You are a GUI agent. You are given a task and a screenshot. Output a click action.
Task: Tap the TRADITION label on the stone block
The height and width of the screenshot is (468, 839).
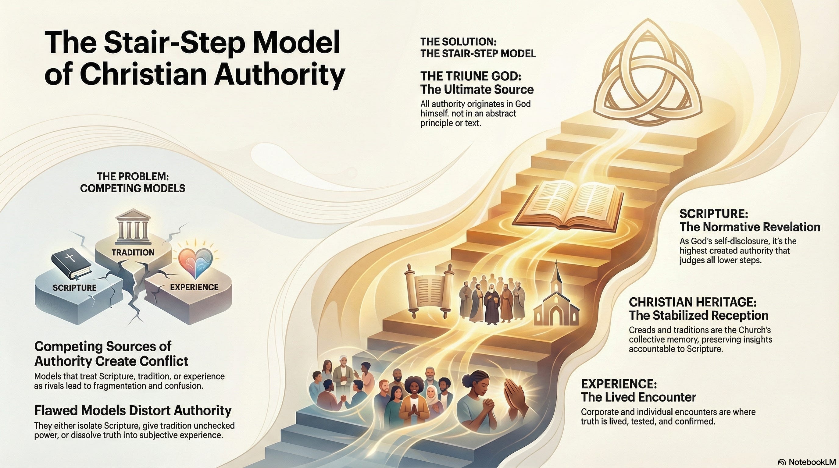point(133,252)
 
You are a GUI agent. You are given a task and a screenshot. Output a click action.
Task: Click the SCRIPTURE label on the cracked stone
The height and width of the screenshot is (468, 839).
point(75,288)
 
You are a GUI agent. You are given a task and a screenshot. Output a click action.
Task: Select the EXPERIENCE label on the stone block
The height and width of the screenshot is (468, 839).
point(195,287)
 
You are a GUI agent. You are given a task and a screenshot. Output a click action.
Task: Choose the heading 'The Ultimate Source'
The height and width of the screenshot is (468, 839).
point(477,89)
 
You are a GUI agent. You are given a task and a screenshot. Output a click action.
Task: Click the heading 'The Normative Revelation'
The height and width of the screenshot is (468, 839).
point(750,227)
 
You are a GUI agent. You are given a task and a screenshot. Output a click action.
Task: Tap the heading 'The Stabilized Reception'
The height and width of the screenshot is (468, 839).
point(699,315)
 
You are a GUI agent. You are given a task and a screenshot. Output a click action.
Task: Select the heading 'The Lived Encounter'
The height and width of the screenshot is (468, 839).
point(638,397)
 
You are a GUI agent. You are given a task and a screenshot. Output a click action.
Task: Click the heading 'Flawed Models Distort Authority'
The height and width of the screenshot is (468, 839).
point(133,411)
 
